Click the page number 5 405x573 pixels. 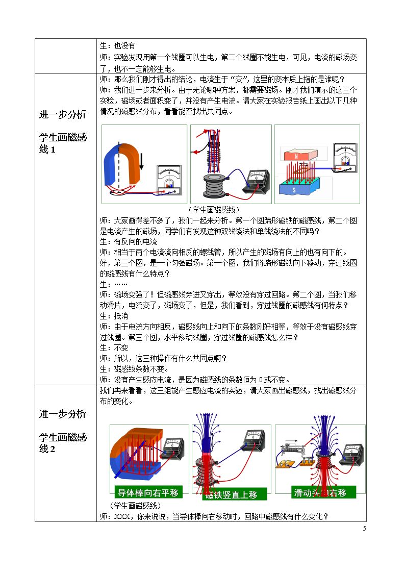click(x=364, y=528)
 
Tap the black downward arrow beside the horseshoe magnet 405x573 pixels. click(x=142, y=161)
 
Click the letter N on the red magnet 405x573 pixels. click(x=296, y=156)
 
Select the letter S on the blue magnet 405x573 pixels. click(x=294, y=190)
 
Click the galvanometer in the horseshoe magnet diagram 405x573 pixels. click(x=169, y=180)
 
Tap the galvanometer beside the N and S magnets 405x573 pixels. click(x=345, y=158)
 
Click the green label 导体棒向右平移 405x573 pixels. click(x=148, y=492)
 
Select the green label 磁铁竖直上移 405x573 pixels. click(x=235, y=494)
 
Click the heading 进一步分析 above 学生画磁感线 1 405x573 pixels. click(x=63, y=114)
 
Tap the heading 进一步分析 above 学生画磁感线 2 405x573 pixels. click(x=63, y=414)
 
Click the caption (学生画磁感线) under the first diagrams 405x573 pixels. click(x=214, y=210)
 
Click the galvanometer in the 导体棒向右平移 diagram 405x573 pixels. click(x=173, y=446)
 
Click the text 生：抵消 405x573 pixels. click(x=114, y=316)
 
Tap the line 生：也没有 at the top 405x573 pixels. click(x=118, y=46)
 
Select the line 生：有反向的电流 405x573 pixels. click(x=129, y=241)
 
